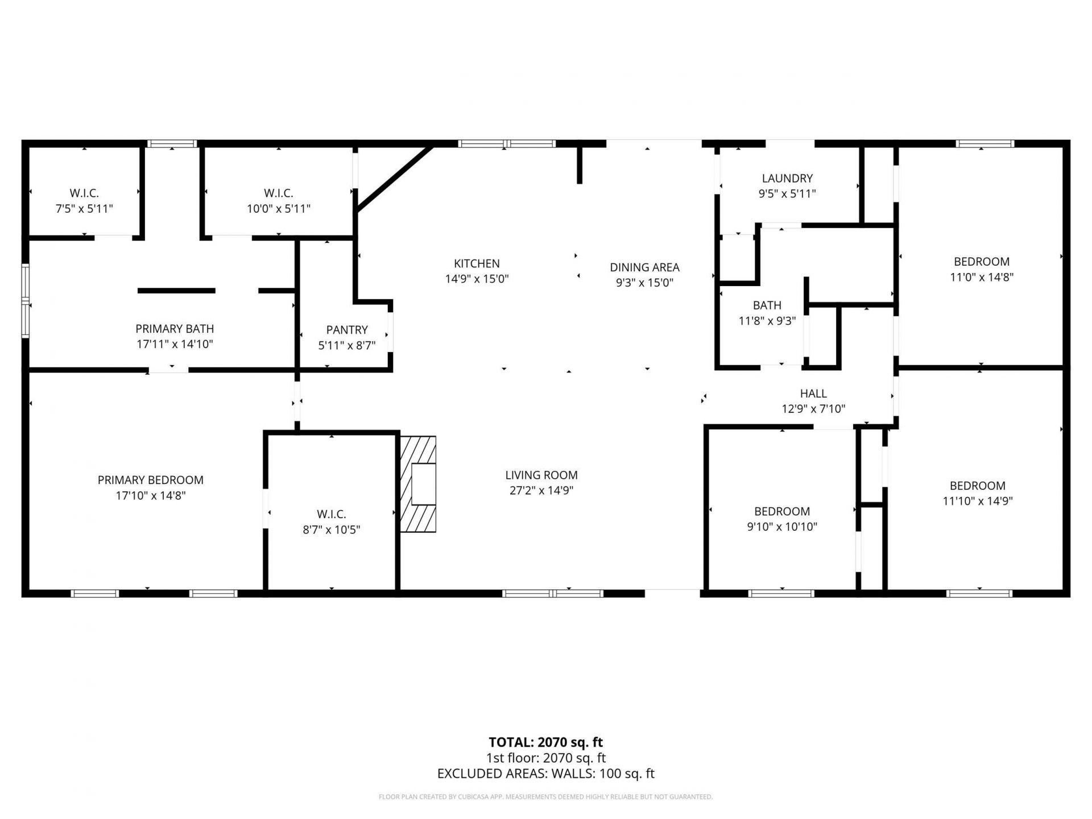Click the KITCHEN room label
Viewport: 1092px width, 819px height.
click(477, 264)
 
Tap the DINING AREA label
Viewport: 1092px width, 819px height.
click(644, 267)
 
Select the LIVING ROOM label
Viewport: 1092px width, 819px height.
click(541, 475)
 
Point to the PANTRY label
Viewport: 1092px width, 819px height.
click(347, 330)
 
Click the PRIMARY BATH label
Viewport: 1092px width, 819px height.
click(175, 329)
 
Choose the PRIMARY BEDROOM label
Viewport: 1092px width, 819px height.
click(151, 480)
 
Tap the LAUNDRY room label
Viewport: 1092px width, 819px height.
click(787, 179)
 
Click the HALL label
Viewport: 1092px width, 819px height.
click(813, 394)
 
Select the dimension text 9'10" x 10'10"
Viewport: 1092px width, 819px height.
click(782, 527)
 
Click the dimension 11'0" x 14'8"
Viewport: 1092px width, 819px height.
click(982, 277)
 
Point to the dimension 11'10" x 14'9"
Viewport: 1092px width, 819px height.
click(978, 501)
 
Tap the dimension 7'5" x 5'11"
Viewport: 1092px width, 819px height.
click(84, 209)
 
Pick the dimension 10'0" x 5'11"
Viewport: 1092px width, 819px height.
click(279, 209)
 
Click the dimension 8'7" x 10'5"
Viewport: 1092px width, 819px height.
click(332, 530)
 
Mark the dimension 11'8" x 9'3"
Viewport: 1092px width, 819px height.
click(767, 321)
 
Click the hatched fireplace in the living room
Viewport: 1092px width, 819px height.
click(418, 484)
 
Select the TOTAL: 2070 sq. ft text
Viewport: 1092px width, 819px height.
click(546, 742)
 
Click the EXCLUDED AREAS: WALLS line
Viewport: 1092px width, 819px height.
click(546, 773)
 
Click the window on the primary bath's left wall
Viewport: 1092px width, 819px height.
click(26, 301)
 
